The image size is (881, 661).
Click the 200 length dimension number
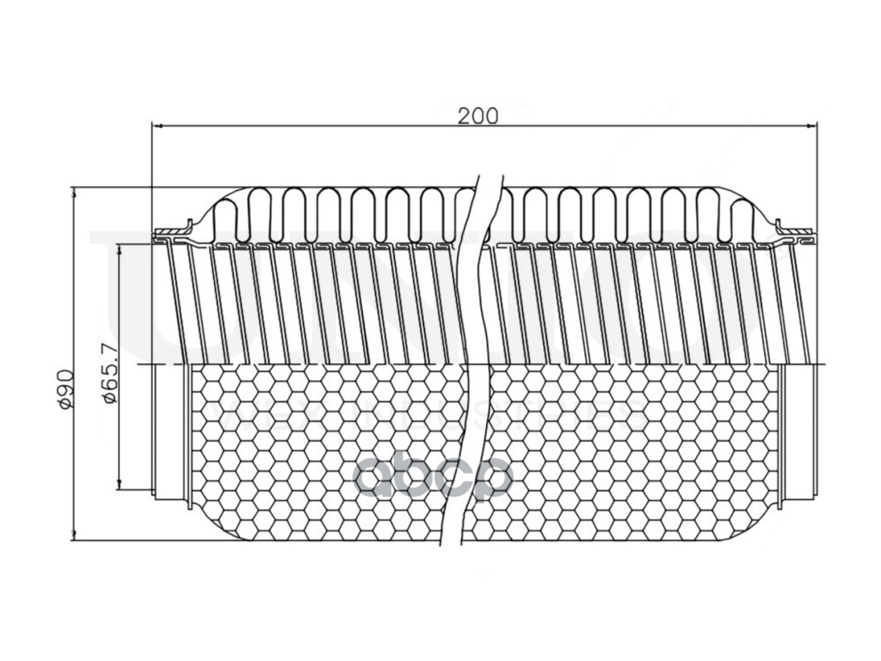click(478, 116)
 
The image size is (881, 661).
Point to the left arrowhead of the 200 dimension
click(157, 126)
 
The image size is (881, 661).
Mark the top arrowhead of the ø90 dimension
click(74, 193)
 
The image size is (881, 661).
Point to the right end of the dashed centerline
click(827, 364)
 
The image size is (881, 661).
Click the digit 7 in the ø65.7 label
click(110, 351)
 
